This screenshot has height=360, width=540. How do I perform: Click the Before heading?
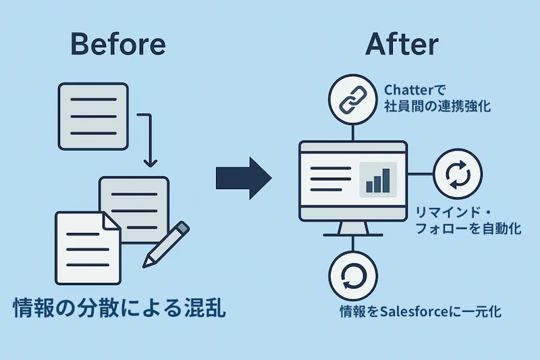coord(118,44)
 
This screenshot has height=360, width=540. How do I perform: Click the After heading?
coord(402,44)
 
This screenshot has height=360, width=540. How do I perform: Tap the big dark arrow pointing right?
coord(244,178)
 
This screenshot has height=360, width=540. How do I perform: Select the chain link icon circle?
coord(352,99)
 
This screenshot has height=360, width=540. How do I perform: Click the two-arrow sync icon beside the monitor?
coord(458,174)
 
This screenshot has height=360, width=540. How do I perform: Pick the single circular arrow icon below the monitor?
coord(353,276)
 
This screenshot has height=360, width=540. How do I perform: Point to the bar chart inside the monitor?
coord(378,180)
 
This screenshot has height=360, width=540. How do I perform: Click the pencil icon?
coord(165,245)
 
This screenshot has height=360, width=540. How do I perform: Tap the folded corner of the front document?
coord(111,221)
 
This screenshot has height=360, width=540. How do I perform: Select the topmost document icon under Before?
coord(93,116)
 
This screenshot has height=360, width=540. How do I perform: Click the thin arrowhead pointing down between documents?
coord(150,163)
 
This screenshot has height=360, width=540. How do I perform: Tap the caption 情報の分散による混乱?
coord(119,307)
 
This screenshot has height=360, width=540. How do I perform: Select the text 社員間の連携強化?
coord(437,106)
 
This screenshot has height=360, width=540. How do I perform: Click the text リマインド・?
coord(454,213)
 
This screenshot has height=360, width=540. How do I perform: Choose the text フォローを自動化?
coord(468,228)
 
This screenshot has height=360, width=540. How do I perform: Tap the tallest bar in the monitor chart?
coord(386,180)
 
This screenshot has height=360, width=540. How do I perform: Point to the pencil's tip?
coord(144,265)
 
